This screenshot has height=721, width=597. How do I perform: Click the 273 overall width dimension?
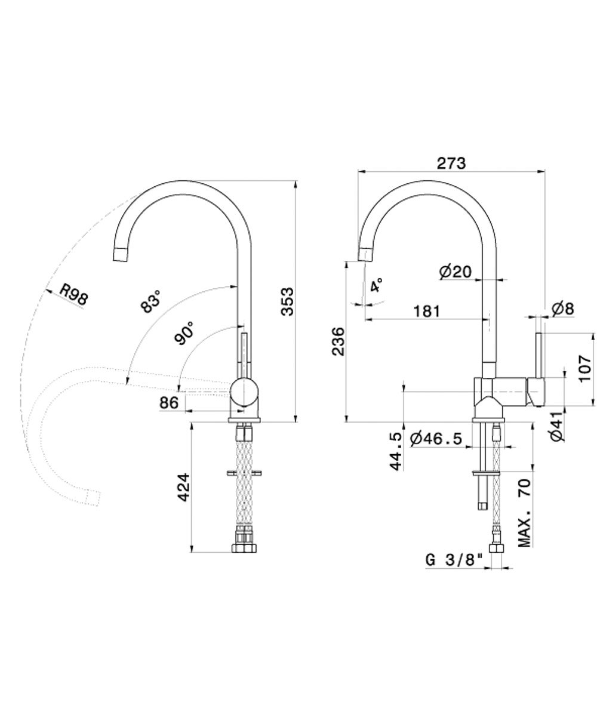[x=451, y=163]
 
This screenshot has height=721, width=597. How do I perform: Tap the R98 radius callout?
[x=73, y=294]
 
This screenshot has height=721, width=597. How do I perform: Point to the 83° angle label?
[x=151, y=301]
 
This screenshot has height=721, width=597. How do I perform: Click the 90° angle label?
[x=184, y=333]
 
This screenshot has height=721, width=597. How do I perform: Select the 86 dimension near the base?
[x=169, y=403]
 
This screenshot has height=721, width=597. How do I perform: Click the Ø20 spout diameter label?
[x=455, y=272]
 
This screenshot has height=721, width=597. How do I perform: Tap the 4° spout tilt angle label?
[x=376, y=285]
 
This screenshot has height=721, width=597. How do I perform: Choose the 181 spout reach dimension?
[x=427, y=311]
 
